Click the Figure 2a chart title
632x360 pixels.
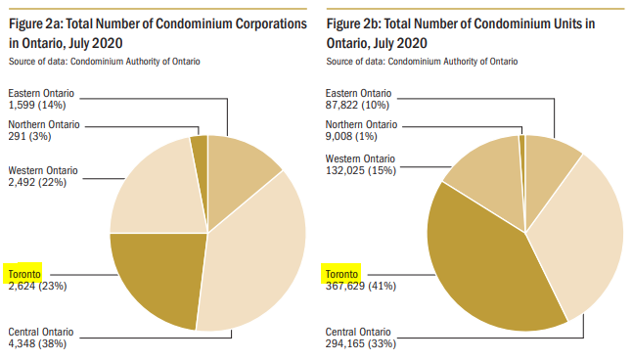156,31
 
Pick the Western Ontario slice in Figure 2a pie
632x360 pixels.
152,191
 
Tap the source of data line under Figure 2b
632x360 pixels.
422,62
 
